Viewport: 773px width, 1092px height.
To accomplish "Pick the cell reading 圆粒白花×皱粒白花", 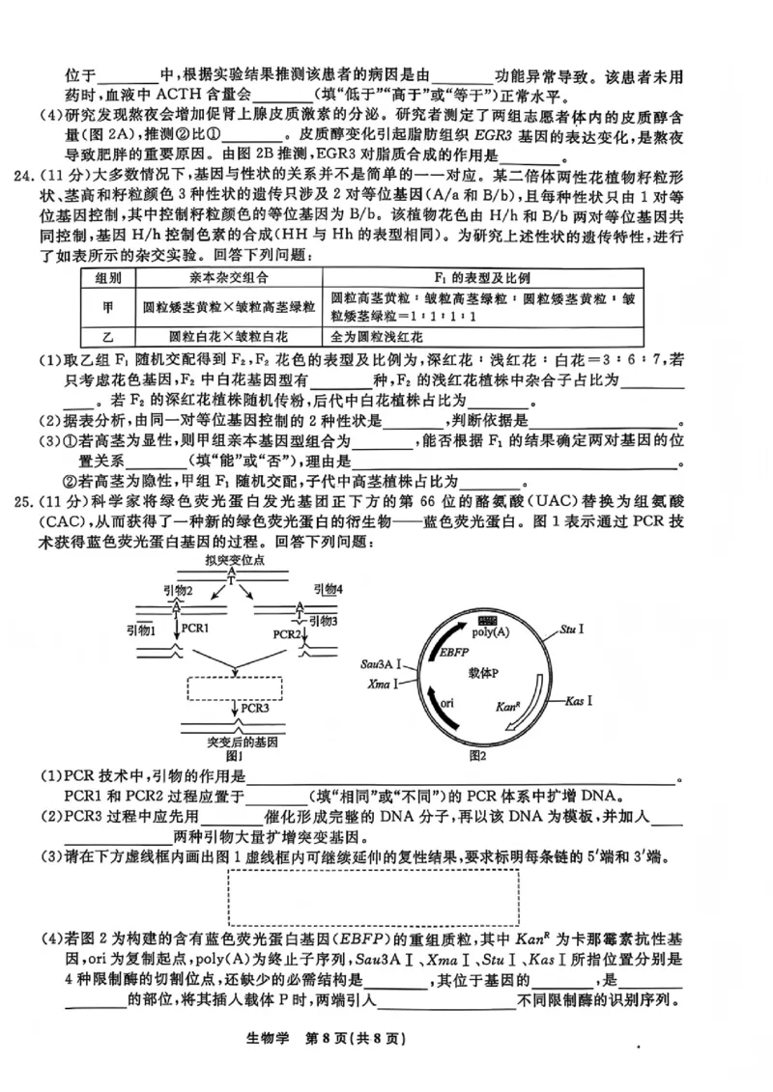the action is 228,337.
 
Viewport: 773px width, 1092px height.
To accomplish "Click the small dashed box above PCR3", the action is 235,687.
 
